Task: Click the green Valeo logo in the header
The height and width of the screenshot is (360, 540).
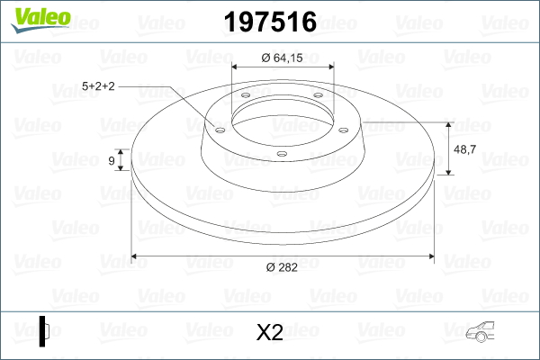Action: point(40,20)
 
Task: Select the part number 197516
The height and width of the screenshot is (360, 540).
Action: point(270,22)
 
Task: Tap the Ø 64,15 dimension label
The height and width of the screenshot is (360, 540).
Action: point(282,58)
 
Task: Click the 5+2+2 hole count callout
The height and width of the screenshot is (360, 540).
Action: point(98,86)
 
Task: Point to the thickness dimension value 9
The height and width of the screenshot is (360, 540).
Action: point(112,160)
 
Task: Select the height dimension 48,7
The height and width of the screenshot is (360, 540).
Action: point(465,149)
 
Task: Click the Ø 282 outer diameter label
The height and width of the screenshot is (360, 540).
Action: point(282,267)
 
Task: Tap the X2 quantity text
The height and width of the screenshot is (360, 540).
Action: point(270,332)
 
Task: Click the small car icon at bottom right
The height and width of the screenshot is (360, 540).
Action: point(480,332)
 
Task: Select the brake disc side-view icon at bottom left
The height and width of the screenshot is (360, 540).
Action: point(44,331)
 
